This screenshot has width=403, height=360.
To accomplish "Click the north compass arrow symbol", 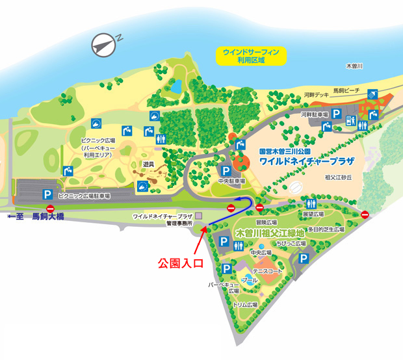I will click(104, 44).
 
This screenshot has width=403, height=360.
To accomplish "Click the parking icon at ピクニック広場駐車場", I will click(47, 194).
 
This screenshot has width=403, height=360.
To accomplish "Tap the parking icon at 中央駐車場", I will click(226, 170).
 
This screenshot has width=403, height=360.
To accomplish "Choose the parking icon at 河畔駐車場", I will click(337, 114).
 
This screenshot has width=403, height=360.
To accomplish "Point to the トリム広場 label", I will click(246, 304).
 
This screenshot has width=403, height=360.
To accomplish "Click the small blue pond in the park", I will click(175, 86).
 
